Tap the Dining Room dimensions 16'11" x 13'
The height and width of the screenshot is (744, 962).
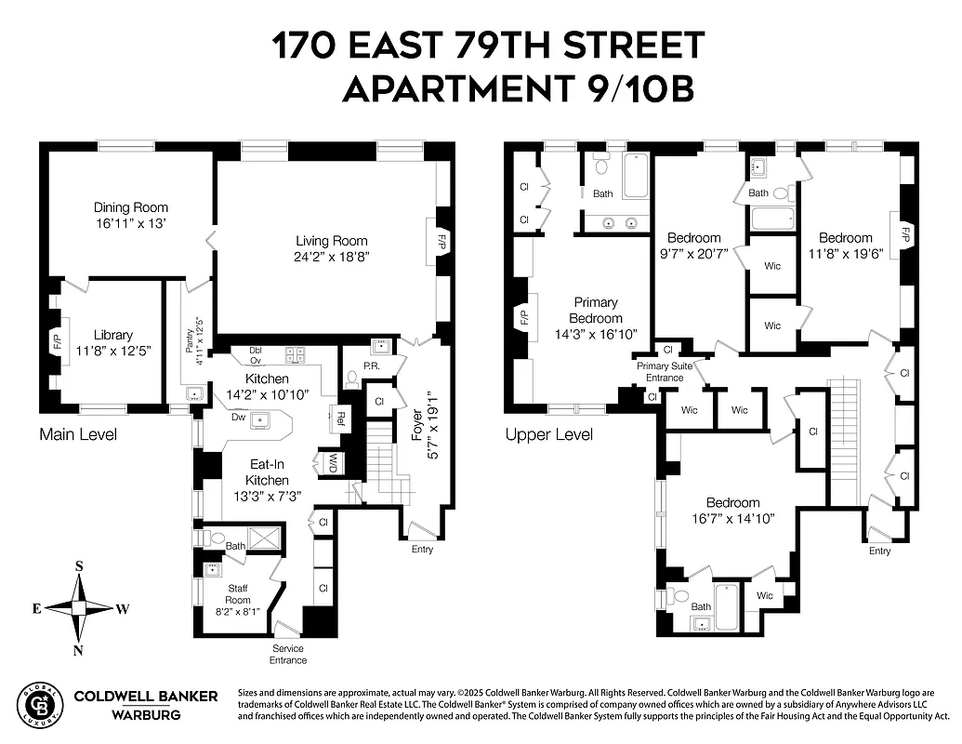pyautogui.click(x=130, y=224)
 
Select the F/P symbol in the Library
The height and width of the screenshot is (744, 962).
pyautogui.click(x=56, y=341)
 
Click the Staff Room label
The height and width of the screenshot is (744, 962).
pyautogui.click(x=237, y=594)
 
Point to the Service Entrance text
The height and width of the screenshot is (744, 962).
pyautogui.click(x=288, y=655)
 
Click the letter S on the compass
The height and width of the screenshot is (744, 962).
pyautogui.click(x=79, y=565)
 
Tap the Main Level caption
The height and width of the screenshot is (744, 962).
pyautogui.click(x=78, y=434)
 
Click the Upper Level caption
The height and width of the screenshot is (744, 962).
pyautogui.click(x=548, y=434)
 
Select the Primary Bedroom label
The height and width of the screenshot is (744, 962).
pyautogui.click(x=596, y=310)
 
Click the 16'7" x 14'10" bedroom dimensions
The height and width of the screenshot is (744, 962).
pyautogui.click(x=732, y=517)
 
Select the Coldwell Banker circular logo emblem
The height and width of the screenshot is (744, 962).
pyautogui.click(x=41, y=704)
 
